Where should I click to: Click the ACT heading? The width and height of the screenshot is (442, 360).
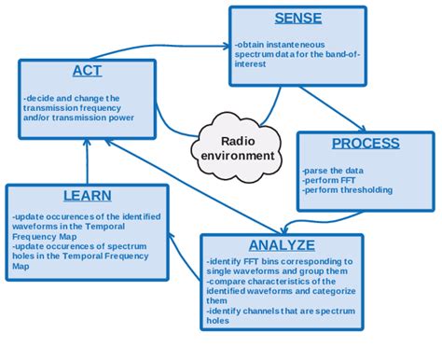(87, 71)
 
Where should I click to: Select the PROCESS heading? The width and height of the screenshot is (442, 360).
(366, 143)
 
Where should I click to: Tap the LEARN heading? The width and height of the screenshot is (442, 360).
(87, 196)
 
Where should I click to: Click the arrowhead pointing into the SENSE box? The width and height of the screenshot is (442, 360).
(227, 44)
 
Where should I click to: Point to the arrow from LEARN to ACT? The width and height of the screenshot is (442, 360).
(87, 168)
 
